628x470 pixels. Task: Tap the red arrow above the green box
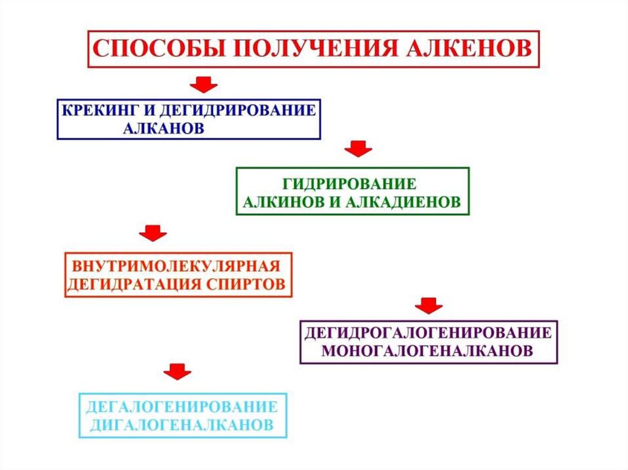coord(358,148)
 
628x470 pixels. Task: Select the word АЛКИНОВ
coord(285,202)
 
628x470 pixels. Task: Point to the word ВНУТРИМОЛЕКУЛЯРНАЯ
coord(177,268)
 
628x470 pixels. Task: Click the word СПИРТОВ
coord(250,285)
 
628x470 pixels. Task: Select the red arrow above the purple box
coord(428,305)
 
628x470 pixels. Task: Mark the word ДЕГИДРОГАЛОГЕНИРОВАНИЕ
coord(429,334)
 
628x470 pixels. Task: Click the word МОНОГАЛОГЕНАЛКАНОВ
coord(427,351)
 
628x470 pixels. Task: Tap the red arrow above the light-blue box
coord(177,371)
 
